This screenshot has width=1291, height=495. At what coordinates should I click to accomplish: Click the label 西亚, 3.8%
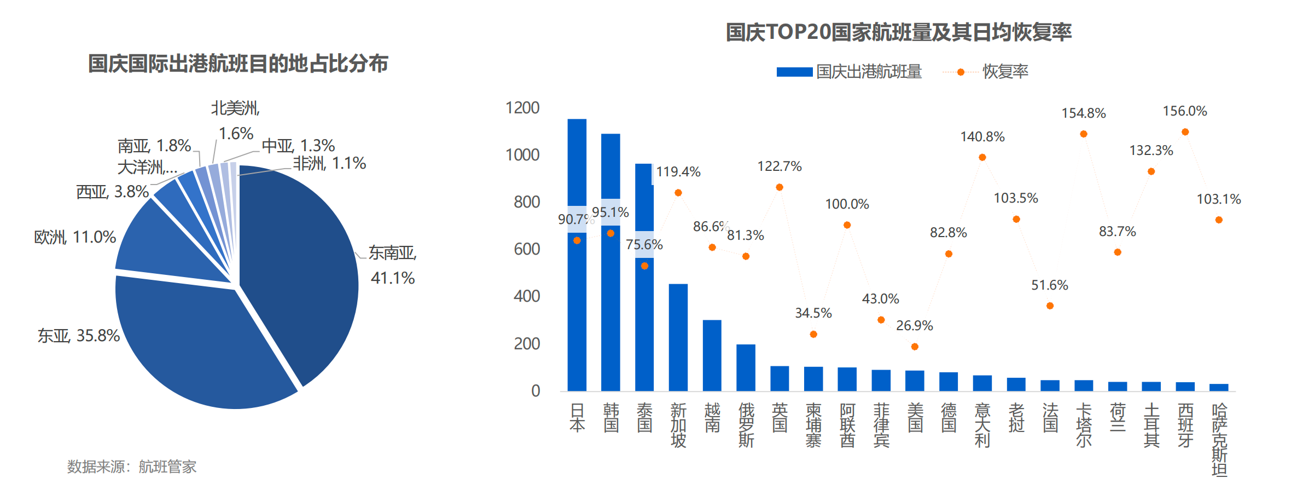point(112,192)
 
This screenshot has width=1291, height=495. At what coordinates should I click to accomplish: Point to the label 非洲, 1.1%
point(329,163)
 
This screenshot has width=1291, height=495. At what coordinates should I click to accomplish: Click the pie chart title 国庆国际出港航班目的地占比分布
point(238,64)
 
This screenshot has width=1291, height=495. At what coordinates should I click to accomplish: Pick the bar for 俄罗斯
point(746,367)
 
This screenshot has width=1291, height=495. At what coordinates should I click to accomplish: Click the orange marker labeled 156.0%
point(1185,132)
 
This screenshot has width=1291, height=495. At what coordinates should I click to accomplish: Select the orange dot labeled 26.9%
point(915,347)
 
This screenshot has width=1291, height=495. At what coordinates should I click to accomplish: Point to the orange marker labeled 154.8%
point(1083,134)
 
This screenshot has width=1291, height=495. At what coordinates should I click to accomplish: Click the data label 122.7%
point(779,166)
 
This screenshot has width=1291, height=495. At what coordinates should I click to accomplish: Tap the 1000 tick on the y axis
point(522,155)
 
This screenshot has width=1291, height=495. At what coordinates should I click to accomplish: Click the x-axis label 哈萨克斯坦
point(1219,440)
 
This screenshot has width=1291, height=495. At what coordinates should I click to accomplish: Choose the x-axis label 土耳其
point(1152,425)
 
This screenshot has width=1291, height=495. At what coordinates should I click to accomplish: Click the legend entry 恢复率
point(1004,72)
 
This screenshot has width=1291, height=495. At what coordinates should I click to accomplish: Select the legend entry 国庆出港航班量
point(868,72)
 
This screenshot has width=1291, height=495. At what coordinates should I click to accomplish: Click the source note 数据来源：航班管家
point(131,467)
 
